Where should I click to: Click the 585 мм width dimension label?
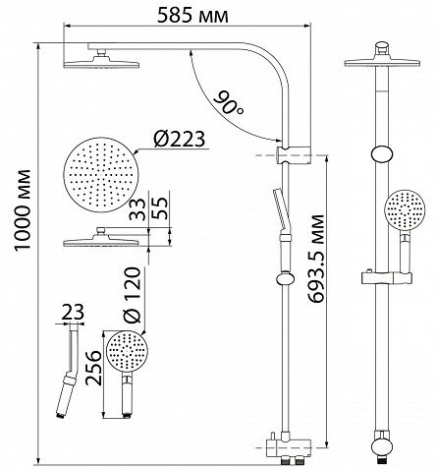192,16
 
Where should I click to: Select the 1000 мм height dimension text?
24,209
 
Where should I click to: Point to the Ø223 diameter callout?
180,139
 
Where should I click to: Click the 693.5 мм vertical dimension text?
316,259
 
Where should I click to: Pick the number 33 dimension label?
137,209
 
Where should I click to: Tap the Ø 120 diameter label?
133,295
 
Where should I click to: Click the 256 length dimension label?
93,368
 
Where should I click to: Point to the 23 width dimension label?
73,312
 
